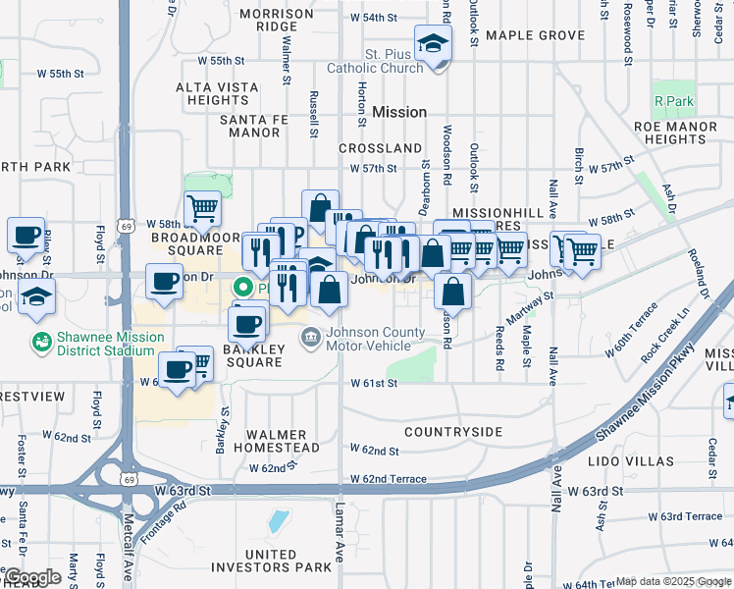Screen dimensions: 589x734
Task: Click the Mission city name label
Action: click(x=399, y=112)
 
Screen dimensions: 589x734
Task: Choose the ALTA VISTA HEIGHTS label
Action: click(x=218, y=94)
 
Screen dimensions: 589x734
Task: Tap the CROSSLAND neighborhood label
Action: click(x=380, y=148)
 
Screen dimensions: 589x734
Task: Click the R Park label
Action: click(x=674, y=101)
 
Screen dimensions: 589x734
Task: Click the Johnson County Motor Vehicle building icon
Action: click(x=310, y=336)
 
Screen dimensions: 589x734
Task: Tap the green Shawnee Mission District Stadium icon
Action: click(x=42, y=342)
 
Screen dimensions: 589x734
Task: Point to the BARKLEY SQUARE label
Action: click(x=253, y=355)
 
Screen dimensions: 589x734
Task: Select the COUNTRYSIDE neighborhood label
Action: click(x=453, y=432)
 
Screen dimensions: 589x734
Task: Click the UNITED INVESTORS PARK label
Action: click(x=271, y=562)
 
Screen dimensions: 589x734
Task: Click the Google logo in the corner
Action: click(x=32, y=577)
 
